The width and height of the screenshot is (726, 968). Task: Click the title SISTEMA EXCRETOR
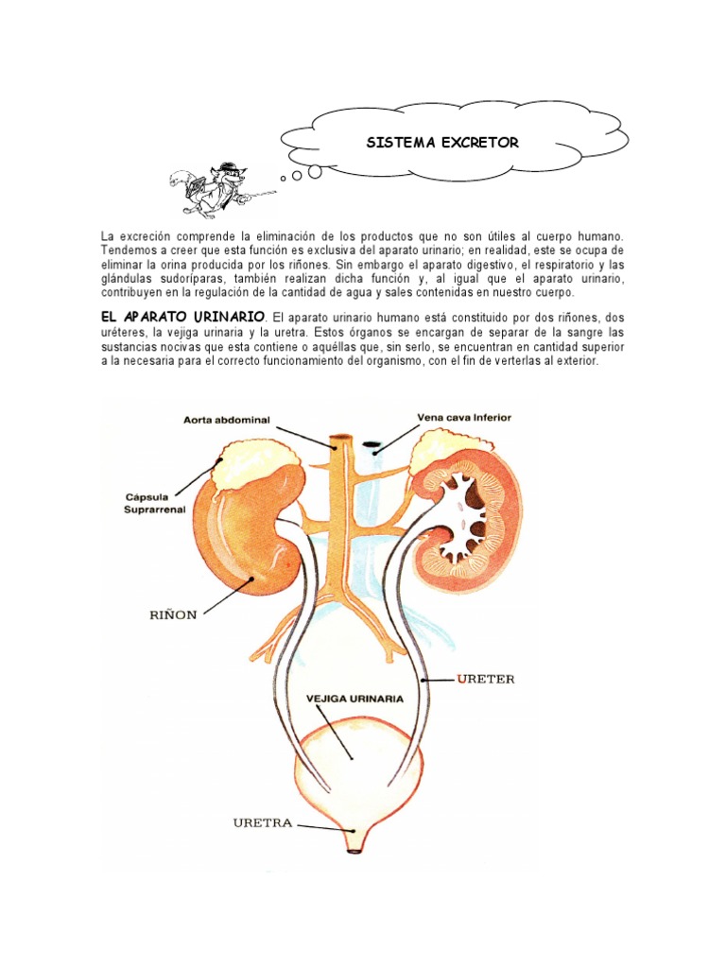point(442,143)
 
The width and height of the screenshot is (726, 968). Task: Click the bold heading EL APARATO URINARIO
point(183,318)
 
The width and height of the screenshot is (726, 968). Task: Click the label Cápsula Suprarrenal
point(155,503)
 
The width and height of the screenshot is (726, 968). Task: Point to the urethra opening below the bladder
point(354,849)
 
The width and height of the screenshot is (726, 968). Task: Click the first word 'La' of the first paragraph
point(107,234)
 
